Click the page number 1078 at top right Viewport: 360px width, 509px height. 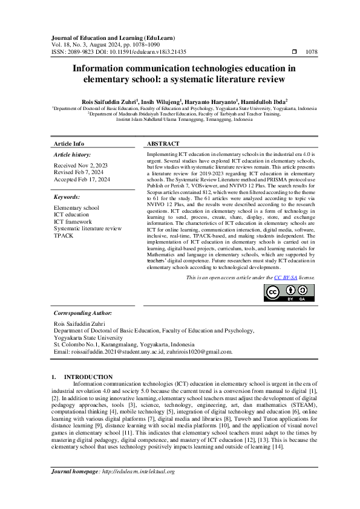(x=312, y=53)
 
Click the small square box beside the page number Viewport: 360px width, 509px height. (x=295, y=53)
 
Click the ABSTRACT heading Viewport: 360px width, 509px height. (x=163, y=144)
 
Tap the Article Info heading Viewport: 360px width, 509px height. (x=69, y=144)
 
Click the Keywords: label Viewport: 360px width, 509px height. (x=67, y=197)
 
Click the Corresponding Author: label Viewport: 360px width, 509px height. (x=83, y=313)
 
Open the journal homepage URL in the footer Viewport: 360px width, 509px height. (x=138, y=472)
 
